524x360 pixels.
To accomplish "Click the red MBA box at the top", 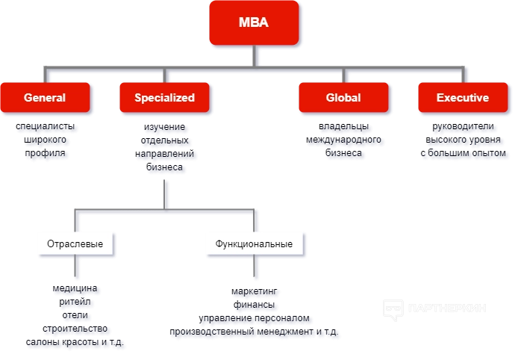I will [255, 23].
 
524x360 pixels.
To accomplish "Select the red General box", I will [46, 98].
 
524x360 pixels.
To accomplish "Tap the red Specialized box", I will [165, 98].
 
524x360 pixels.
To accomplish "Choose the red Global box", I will [343, 98].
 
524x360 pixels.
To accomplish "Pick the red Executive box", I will [463, 98].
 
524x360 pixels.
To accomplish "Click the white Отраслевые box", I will [75, 243].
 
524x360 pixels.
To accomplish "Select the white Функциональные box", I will [254, 243].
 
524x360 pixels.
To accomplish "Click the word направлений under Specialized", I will [165, 155].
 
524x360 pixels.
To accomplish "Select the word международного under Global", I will [344, 141].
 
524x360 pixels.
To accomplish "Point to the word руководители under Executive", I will [463, 127].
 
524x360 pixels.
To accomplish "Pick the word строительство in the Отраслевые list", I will [77, 329].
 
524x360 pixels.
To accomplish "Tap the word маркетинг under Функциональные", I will [255, 292].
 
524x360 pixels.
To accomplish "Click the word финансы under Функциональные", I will [255, 305].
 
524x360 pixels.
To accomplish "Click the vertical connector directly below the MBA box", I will [255, 56].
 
